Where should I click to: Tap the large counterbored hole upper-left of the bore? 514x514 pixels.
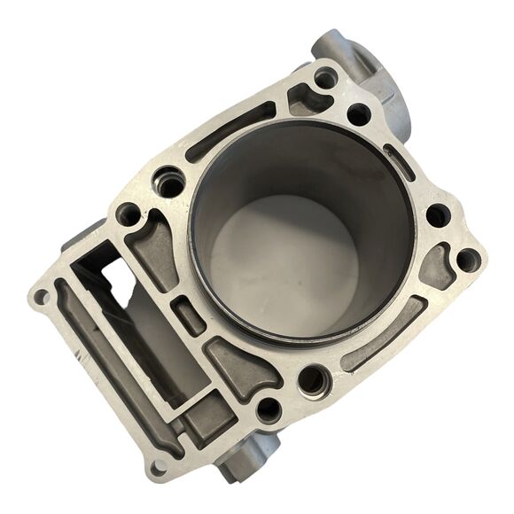coord(168,183)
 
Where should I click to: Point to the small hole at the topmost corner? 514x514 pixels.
coord(325,78)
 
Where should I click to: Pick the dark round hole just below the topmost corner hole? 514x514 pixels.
coord(358,114)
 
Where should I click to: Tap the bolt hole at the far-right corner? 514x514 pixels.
coord(467,260)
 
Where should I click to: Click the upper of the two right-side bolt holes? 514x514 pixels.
coord(437,215)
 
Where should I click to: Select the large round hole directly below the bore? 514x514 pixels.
coord(312,381)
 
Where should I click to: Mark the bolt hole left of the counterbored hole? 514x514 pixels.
coord(128,214)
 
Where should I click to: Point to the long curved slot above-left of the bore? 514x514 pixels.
coord(232,132)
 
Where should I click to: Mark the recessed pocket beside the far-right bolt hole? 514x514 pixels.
coord(437,266)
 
